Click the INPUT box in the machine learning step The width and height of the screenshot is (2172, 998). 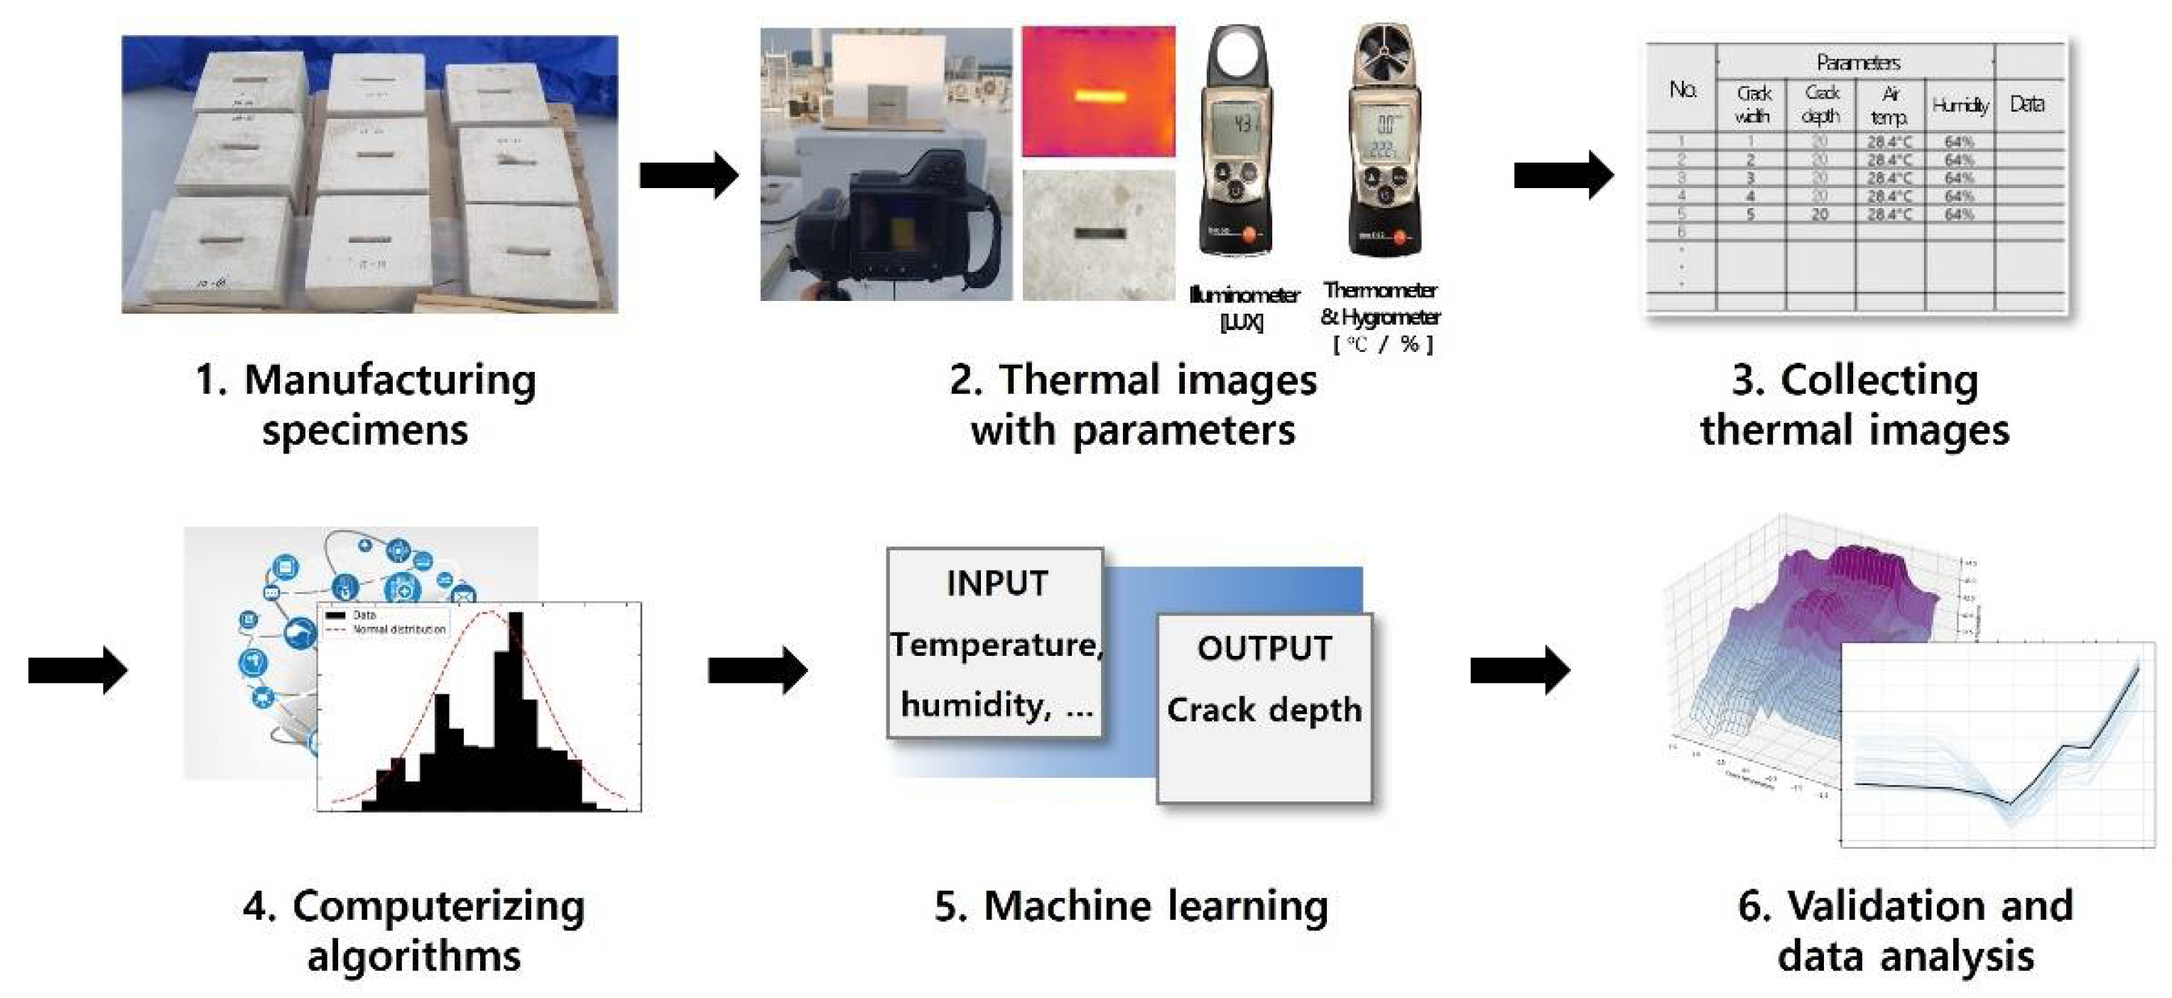coord(995,642)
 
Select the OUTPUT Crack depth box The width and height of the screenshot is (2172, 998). coord(1264,708)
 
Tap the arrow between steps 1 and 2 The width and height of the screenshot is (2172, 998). coord(689,175)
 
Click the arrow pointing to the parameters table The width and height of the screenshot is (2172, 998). coord(1563,175)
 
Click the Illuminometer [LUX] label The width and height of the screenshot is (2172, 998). coord(1243,307)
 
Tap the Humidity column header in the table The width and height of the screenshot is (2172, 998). coord(1960,105)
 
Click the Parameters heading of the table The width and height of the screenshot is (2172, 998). coord(1857,62)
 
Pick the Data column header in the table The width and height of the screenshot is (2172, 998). coord(2027,104)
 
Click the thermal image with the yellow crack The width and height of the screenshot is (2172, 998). coord(1098,92)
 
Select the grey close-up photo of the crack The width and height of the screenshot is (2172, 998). coord(1098,235)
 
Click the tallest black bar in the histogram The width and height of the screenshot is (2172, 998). coord(514,708)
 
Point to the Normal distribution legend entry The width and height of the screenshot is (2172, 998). coord(396,630)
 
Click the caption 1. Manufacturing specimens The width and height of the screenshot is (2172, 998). coord(366,405)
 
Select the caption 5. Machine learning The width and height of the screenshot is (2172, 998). coord(1131,907)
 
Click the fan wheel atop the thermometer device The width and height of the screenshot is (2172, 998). coord(1382,55)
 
